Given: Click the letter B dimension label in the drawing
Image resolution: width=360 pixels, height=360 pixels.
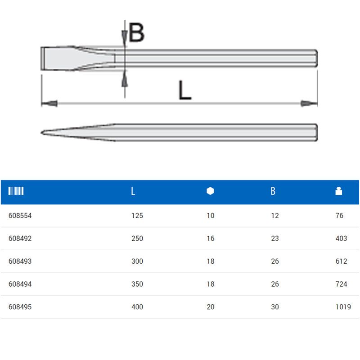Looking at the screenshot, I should click(x=136, y=33).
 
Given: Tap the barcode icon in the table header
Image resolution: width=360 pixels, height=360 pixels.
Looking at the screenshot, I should click(x=16, y=191).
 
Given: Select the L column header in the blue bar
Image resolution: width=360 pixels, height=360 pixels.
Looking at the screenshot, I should click(x=133, y=191).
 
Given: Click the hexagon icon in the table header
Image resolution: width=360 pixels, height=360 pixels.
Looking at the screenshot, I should click(x=210, y=191).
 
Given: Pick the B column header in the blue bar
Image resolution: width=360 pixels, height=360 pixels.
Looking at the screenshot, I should click(x=273, y=191).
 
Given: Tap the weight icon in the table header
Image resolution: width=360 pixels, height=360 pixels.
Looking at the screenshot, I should click(x=339, y=191).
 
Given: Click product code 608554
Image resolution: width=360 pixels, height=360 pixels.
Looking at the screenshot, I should click(x=20, y=216).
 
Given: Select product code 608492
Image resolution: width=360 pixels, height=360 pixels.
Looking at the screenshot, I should click(x=20, y=238).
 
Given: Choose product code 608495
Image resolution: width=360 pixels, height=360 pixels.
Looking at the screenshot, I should click(x=20, y=307).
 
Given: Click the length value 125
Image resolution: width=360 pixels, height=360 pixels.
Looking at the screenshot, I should click(x=137, y=216).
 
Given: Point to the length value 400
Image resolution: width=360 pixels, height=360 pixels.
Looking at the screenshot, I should click(x=137, y=307).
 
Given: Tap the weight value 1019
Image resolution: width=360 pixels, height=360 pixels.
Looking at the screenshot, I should click(x=343, y=307).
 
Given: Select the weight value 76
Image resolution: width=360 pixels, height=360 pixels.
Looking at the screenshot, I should click(x=339, y=216).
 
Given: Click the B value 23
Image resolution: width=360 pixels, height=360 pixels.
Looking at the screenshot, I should click(x=275, y=238).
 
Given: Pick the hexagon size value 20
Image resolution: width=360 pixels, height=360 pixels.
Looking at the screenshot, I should click(x=211, y=307).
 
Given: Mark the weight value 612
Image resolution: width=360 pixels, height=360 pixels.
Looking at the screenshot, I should click(x=341, y=261).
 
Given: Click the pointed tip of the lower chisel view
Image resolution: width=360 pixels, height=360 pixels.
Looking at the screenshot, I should click(x=43, y=133).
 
